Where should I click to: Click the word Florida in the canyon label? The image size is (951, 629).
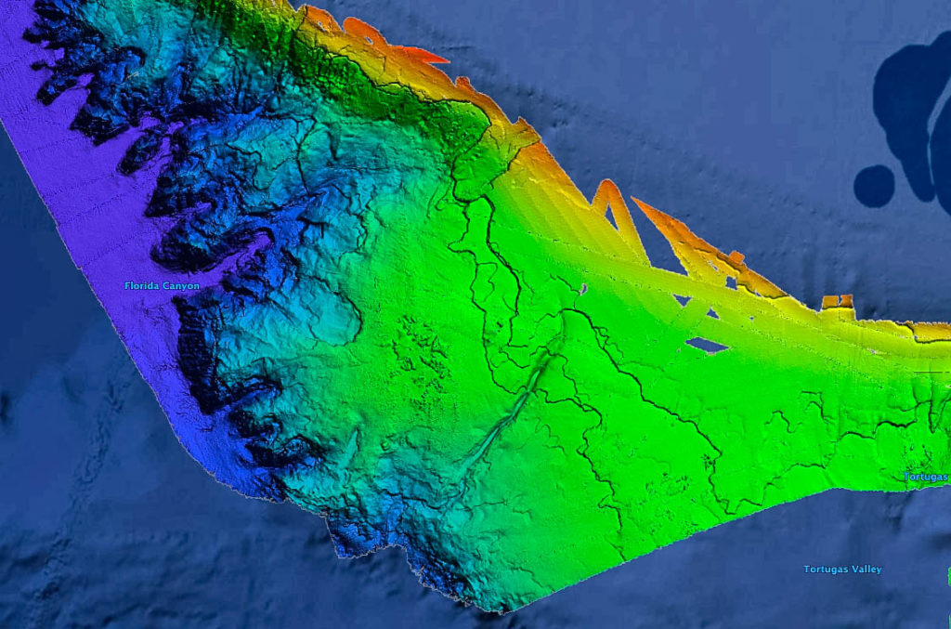click(x=141, y=286)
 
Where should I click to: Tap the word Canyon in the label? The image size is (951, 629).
click(x=179, y=286)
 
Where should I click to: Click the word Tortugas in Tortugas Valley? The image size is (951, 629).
click(x=824, y=569)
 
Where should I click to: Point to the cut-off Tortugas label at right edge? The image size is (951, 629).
click(x=926, y=477)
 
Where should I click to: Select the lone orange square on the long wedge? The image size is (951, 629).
click(x=736, y=256)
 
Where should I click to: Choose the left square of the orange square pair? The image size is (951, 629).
click(x=830, y=302)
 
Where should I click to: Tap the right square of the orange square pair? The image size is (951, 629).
click(x=846, y=300)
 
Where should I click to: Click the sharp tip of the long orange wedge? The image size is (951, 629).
click(x=634, y=200)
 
